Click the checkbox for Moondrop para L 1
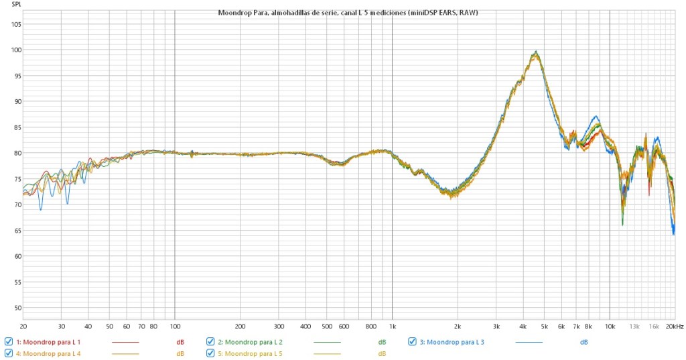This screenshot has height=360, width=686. [9, 342]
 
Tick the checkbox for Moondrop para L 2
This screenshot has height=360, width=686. [210, 342]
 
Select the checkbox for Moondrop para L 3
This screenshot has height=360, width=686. [413, 342]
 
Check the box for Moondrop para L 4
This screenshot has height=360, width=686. [9, 353]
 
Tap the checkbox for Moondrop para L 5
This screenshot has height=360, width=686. [210, 353]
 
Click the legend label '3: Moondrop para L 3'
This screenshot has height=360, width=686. [452, 342]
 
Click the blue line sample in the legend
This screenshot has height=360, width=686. [529, 342]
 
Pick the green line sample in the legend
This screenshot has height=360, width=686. [327, 342]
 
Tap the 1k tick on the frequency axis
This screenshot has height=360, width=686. [392, 326]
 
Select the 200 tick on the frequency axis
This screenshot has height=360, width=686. [241, 326]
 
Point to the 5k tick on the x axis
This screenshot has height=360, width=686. [544, 326]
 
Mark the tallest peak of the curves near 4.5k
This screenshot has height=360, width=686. [536, 52]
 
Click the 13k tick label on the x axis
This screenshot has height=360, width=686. [634, 326]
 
